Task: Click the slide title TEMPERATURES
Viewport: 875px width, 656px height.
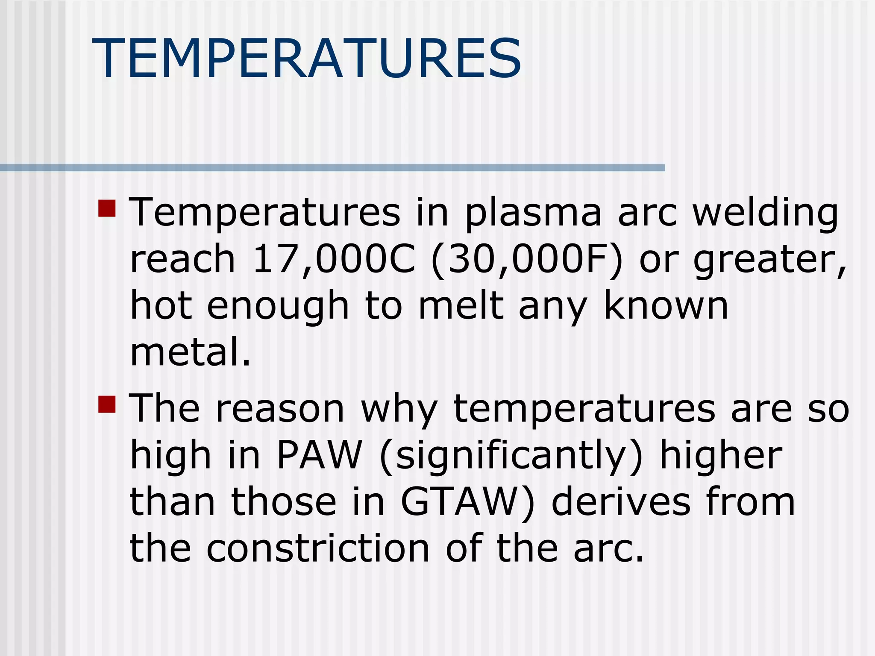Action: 306,59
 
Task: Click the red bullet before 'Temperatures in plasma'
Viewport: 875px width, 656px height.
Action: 107,208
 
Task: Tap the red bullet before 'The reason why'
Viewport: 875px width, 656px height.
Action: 107,404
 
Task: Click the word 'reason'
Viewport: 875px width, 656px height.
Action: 280,409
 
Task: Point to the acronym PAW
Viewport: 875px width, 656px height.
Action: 320,455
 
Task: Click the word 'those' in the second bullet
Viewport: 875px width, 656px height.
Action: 284,502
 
